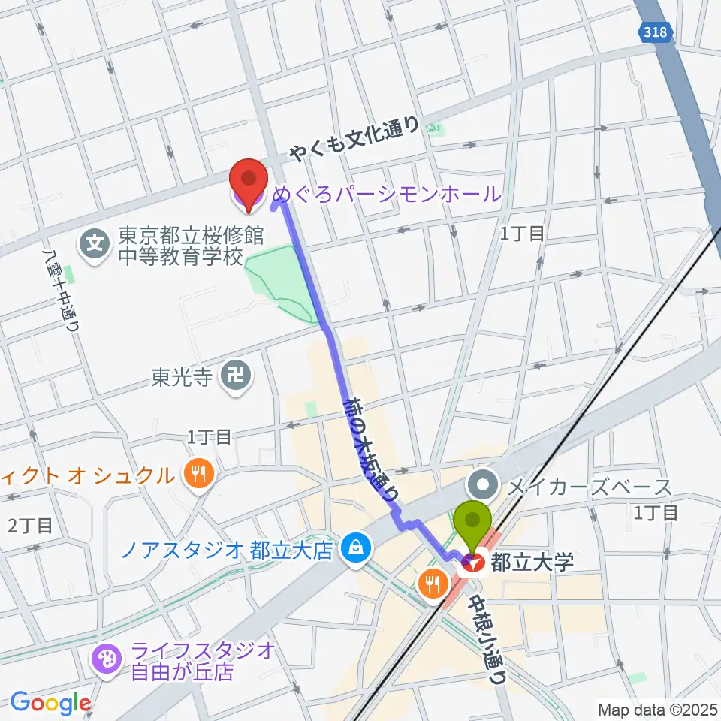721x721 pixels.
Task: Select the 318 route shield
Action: (658, 32)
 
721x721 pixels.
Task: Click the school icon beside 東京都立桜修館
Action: (96, 243)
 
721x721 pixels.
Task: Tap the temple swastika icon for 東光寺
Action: (237, 373)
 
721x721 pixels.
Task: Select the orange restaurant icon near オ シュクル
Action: (198, 474)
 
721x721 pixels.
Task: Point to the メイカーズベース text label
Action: (589, 488)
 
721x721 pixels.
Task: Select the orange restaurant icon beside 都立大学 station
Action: (433, 583)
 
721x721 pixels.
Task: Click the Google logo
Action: (50, 704)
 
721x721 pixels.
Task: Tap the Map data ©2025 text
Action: (656, 709)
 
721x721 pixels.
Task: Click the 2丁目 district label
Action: (30, 526)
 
